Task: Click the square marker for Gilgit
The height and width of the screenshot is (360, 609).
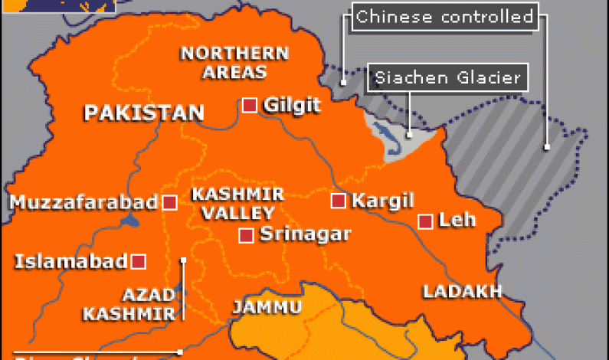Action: [x=249, y=106]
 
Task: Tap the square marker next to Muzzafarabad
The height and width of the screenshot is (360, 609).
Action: [x=170, y=203]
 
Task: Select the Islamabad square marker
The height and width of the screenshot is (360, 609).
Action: [x=139, y=262]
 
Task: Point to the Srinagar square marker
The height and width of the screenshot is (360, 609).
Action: [x=246, y=236]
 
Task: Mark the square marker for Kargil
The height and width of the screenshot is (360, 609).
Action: [x=338, y=201]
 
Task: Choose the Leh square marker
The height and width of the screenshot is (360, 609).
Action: [x=425, y=222]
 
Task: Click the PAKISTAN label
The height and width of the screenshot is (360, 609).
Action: [x=144, y=114]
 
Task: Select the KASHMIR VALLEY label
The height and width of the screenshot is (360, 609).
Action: [x=237, y=204]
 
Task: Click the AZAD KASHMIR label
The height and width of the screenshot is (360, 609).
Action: [x=129, y=304]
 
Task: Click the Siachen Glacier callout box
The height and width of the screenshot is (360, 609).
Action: [x=447, y=77]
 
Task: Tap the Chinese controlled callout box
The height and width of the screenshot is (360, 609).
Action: [x=444, y=17]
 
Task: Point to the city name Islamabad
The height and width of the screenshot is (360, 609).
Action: [x=70, y=262]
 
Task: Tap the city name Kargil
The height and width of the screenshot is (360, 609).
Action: [x=382, y=201]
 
